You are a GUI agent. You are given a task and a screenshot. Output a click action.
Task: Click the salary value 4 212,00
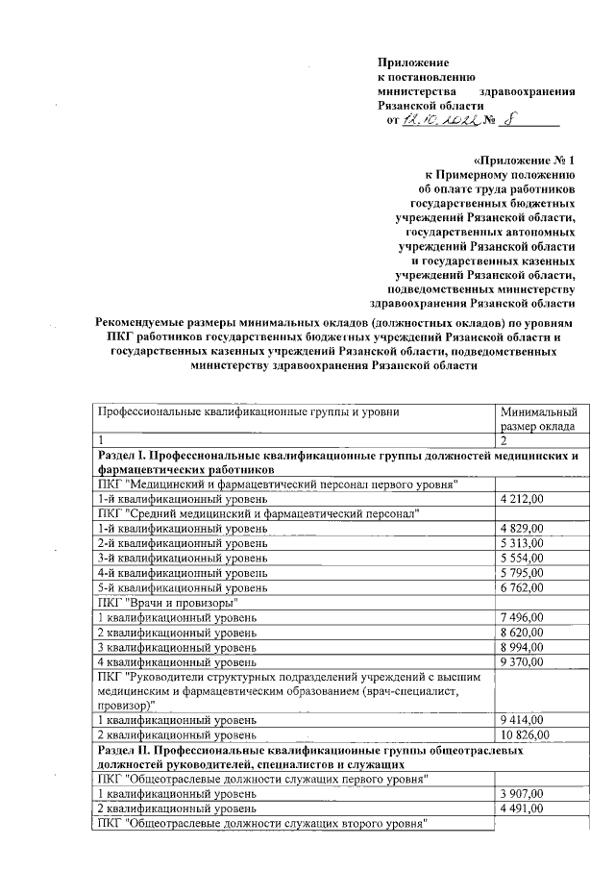523,499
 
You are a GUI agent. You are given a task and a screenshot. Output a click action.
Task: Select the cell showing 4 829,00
523,529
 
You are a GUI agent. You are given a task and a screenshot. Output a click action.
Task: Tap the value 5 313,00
523,543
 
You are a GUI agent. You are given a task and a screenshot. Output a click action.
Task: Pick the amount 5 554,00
523,558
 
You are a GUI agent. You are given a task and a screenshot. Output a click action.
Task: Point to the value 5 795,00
523,572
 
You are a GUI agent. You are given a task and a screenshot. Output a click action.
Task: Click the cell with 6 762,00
523,586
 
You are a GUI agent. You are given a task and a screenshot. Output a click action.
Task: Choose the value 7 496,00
523,616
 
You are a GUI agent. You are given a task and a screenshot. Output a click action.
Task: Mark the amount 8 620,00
523,632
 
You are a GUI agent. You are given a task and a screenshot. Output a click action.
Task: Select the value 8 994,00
523,647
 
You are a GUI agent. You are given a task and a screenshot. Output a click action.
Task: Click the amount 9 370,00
523,661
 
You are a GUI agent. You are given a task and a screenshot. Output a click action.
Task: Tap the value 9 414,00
523,719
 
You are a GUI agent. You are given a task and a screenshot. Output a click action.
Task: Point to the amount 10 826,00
526,734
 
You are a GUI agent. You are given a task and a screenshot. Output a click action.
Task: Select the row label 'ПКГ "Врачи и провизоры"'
167,602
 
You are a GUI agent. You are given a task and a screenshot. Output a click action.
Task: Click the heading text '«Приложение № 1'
524,161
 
